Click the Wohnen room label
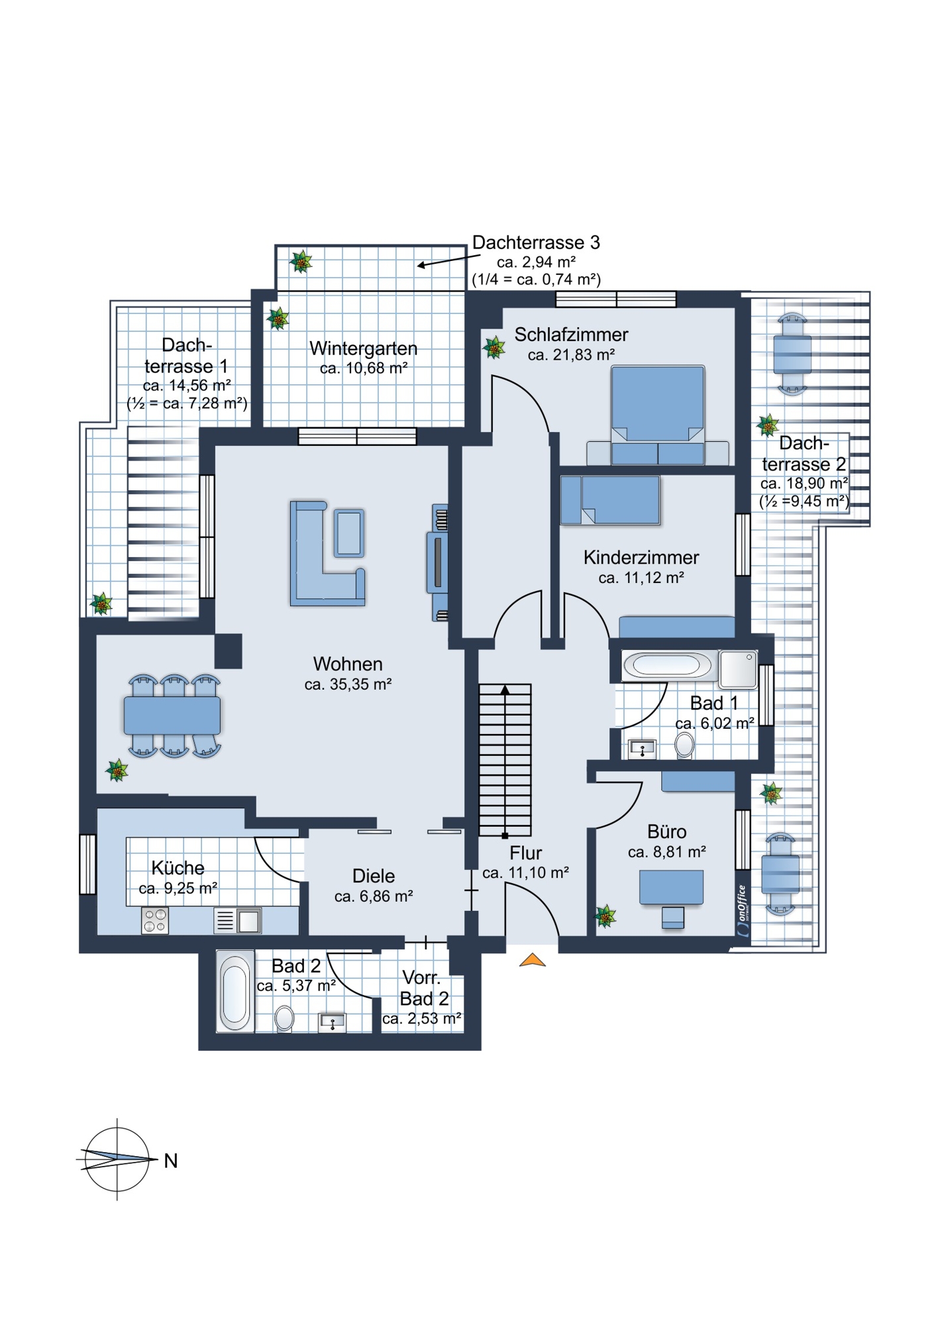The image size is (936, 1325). [x=348, y=664]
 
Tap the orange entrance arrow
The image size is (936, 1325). [x=533, y=960]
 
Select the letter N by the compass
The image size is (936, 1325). [x=171, y=1161]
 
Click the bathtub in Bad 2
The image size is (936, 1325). [x=235, y=991]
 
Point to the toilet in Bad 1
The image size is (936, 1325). [x=684, y=745]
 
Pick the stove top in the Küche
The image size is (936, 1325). [x=155, y=921]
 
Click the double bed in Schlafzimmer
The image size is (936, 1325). [x=658, y=415]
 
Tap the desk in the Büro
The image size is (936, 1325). [x=672, y=888]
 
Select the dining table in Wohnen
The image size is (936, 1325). [x=172, y=715]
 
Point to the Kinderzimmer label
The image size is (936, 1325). [x=641, y=558]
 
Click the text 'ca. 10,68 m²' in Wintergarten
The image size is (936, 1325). [x=364, y=369]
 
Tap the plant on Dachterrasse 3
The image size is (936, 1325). [x=301, y=262]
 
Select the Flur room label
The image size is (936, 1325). [x=526, y=853]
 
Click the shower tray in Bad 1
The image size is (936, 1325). [x=738, y=669]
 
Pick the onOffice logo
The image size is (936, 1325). [x=743, y=910]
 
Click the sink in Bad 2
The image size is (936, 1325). [x=333, y=1022]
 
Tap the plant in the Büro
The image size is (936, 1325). [x=605, y=916]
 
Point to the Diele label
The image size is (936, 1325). [x=374, y=876]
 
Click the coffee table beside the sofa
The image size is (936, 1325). [x=349, y=533]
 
